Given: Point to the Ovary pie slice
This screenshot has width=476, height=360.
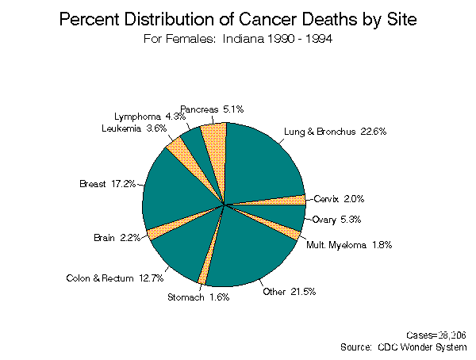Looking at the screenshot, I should [282, 215].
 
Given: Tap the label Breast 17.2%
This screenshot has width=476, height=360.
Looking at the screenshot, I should [108, 184].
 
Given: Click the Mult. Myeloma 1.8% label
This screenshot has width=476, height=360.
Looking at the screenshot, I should [348, 244].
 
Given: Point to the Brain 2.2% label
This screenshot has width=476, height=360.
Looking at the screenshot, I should [117, 237].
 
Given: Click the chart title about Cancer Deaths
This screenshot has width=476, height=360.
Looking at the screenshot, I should [237, 19].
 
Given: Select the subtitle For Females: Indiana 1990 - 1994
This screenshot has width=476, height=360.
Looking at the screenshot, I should [237, 39].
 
